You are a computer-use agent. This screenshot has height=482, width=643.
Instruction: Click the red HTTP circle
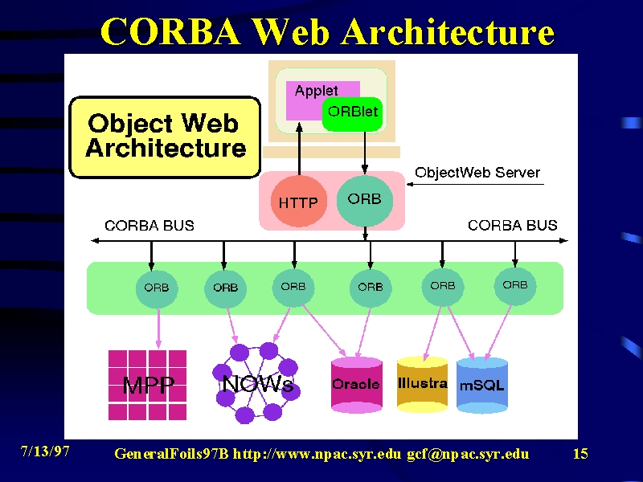click(298, 202)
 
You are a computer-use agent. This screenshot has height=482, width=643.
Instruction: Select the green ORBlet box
click(352, 114)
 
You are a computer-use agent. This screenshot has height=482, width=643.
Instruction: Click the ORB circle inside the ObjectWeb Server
click(365, 200)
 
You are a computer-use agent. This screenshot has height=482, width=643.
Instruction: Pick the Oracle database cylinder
click(357, 384)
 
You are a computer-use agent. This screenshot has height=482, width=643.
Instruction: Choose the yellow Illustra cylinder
click(423, 384)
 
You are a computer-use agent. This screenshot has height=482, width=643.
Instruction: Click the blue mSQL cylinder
click(481, 385)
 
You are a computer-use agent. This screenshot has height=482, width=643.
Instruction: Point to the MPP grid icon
click(147, 385)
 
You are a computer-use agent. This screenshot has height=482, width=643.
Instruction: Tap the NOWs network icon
click(256, 383)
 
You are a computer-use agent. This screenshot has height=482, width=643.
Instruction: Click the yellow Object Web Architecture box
click(165, 137)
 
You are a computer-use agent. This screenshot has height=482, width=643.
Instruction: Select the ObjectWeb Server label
click(477, 173)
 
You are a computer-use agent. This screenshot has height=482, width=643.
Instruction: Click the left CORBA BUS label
click(149, 226)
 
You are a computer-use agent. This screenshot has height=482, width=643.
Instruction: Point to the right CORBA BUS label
click(513, 225)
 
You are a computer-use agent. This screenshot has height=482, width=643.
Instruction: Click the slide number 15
click(580, 454)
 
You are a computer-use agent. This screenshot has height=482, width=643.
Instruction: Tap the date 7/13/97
click(45, 451)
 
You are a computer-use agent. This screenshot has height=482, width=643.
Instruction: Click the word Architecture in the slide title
click(448, 31)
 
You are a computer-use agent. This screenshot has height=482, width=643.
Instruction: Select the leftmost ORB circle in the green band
click(157, 288)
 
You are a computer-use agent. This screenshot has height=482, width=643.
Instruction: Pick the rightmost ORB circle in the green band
click(515, 285)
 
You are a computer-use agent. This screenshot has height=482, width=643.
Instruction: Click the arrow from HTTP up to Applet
click(299, 149)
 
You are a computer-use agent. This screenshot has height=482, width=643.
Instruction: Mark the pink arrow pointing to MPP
click(158, 329)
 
